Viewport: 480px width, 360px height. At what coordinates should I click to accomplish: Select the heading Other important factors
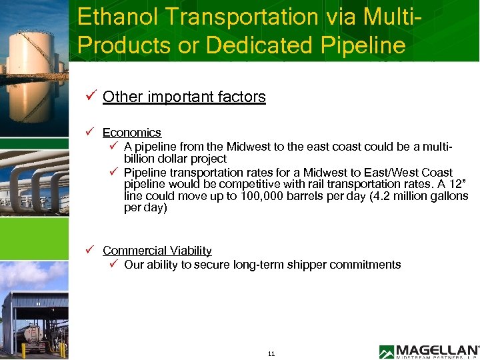[x=184, y=97]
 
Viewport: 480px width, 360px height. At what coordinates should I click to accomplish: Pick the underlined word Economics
[x=132, y=133]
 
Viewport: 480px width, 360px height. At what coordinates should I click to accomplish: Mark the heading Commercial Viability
[x=157, y=251]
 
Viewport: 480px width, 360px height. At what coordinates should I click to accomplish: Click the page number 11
[x=271, y=353]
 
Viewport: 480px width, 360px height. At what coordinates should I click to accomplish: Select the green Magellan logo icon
[x=387, y=352]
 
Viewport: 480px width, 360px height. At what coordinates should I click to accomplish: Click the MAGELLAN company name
[x=437, y=349]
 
